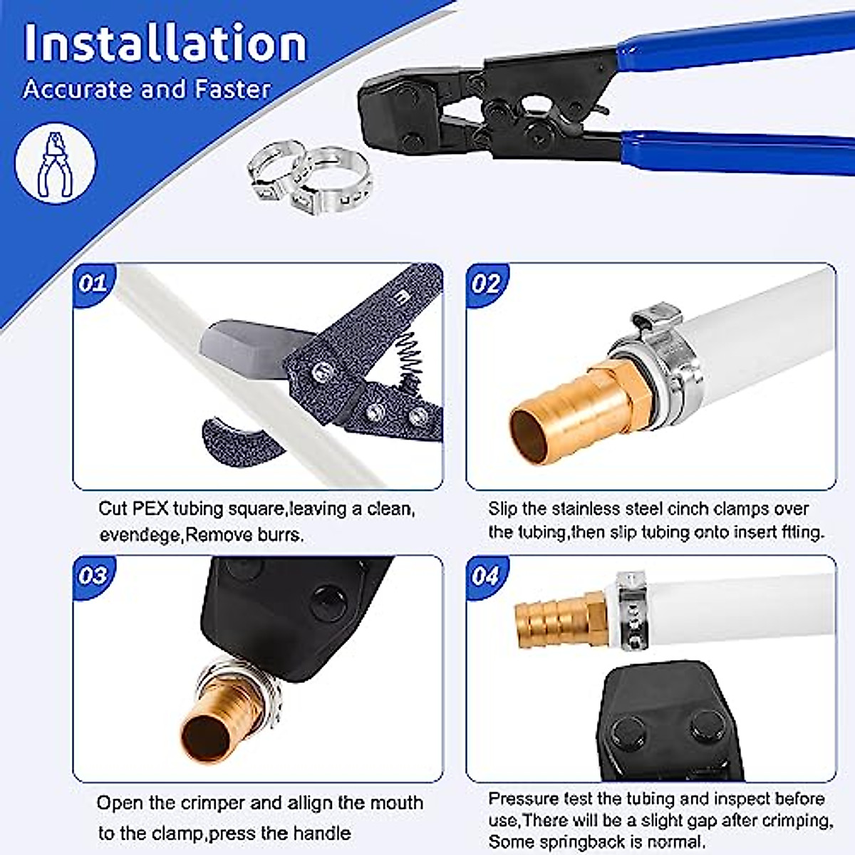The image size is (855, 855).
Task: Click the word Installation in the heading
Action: pyautogui.click(x=165, y=44)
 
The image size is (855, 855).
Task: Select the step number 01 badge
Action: pyautogui.click(x=93, y=284)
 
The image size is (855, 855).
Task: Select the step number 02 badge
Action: pyautogui.click(x=486, y=284)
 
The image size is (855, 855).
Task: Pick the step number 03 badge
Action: pyautogui.click(x=93, y=576)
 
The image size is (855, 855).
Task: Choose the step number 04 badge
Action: pyautogui.click(x=486, y=576)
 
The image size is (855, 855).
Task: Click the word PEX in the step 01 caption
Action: pyautogui.click(x=150, y=509)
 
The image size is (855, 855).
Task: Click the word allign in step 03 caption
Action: pyautogui.click(x=311, y=803)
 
